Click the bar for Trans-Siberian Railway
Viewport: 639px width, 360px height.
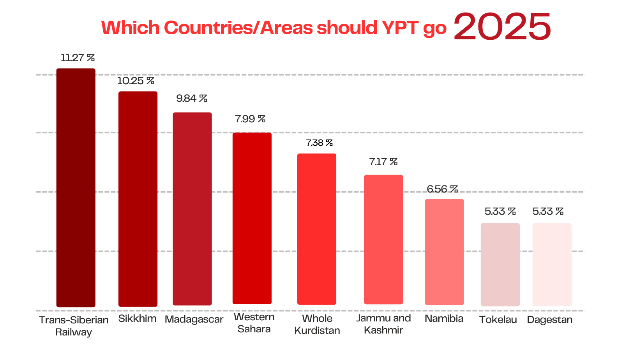click(x=76, y=187)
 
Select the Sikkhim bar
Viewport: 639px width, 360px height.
click(x=138, y=199)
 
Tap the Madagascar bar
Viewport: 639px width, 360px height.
click(x=192, y=209)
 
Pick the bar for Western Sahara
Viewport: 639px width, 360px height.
click(x=252, y=218)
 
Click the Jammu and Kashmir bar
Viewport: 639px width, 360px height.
click(x=383, y=239)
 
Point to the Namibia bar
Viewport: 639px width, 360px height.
click(x=444, y=252)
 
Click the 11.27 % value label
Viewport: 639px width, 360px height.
click(x=78, y=58)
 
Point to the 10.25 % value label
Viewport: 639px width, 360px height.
click(x=136, y=81)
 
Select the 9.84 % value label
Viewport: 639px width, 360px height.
click(x=191, y=99)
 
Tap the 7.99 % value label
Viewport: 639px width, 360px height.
click(x=250, y=119)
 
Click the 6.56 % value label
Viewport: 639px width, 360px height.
click(x=442, y=189)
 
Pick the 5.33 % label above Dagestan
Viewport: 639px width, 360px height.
click(x=548, y=212)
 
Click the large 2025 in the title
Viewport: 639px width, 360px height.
click(x=502, y=27)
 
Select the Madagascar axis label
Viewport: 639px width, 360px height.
click(x=194, y=319)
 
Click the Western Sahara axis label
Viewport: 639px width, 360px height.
click(x=254, y=323)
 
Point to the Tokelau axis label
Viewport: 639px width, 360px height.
click(x=498, y=320)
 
